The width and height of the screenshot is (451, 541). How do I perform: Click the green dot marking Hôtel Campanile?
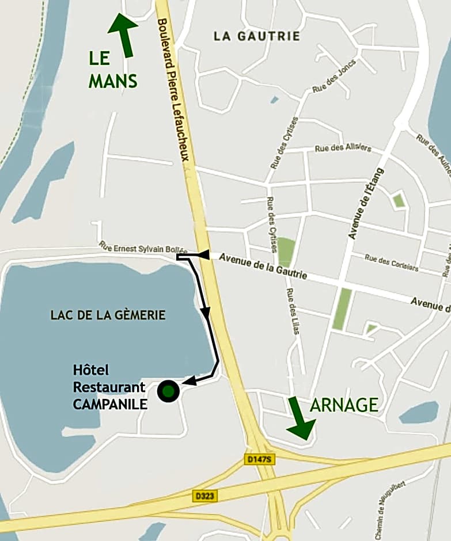168,391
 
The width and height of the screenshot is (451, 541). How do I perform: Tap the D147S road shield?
257,459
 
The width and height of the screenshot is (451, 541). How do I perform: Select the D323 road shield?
204,495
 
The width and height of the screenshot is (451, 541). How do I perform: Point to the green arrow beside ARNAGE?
300,418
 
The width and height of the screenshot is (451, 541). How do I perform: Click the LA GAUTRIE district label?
257,36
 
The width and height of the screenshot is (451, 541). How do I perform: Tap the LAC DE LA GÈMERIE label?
108,315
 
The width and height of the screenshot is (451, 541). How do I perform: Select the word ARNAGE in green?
344,405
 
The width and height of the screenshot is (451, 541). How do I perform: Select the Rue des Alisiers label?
343,148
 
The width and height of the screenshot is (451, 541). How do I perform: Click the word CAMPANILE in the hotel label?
110,405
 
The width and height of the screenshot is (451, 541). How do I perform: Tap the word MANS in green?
113,81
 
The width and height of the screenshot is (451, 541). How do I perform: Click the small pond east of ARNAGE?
419,413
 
